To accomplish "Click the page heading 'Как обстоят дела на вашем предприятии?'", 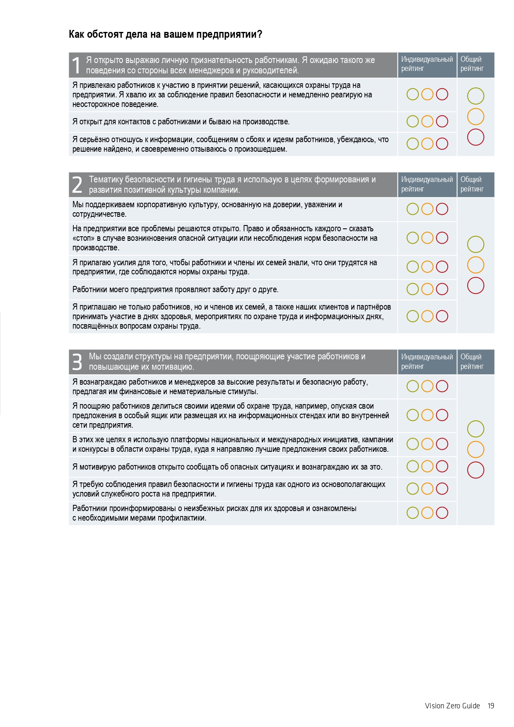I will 165,34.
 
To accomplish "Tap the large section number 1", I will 76,65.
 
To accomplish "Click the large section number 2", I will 77,185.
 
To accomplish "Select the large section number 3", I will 77,361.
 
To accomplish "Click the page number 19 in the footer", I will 491,706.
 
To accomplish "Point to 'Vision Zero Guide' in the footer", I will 452,706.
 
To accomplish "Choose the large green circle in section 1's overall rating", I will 475,96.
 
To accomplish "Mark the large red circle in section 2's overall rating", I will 475,286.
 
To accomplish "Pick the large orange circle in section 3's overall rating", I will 475,449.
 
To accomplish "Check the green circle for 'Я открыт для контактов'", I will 413,121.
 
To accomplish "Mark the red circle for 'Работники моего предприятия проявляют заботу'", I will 442,289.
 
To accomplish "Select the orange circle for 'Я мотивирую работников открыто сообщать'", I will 427,466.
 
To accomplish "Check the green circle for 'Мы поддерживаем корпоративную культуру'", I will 413,209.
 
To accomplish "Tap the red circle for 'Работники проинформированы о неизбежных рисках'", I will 442,513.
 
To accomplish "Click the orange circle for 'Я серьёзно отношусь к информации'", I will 427,144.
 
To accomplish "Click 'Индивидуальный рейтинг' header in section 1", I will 427,64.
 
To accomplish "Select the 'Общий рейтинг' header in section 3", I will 472,361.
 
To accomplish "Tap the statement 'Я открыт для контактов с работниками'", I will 181,122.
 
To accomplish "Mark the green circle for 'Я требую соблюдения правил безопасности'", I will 413,489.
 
